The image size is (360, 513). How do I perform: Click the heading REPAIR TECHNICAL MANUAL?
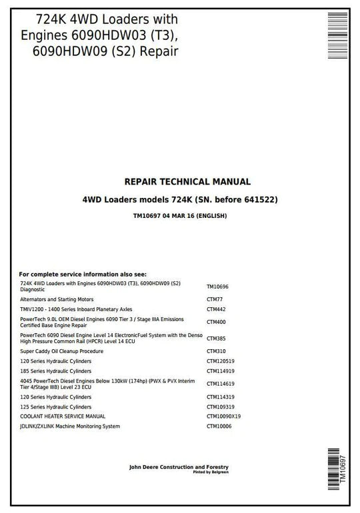point(187,181)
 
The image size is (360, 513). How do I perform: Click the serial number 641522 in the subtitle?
point(261,199)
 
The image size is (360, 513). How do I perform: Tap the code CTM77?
point(215,300)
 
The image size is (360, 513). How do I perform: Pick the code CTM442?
point(217,309)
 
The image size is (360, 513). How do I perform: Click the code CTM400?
point(217,322)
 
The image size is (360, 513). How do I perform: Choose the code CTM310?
point(217,351)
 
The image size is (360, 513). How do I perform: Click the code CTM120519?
point(221,361)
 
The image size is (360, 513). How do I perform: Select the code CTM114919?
point(221,370)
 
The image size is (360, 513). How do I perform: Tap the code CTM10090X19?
point(223,416)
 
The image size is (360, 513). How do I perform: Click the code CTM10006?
point(220,426)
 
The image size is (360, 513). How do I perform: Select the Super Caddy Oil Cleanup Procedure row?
point(61,351)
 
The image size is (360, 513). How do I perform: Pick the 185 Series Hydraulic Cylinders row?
point(56,370)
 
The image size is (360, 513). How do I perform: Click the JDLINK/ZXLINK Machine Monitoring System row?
point(70,426)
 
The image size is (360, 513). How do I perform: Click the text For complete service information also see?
point(83,274)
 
